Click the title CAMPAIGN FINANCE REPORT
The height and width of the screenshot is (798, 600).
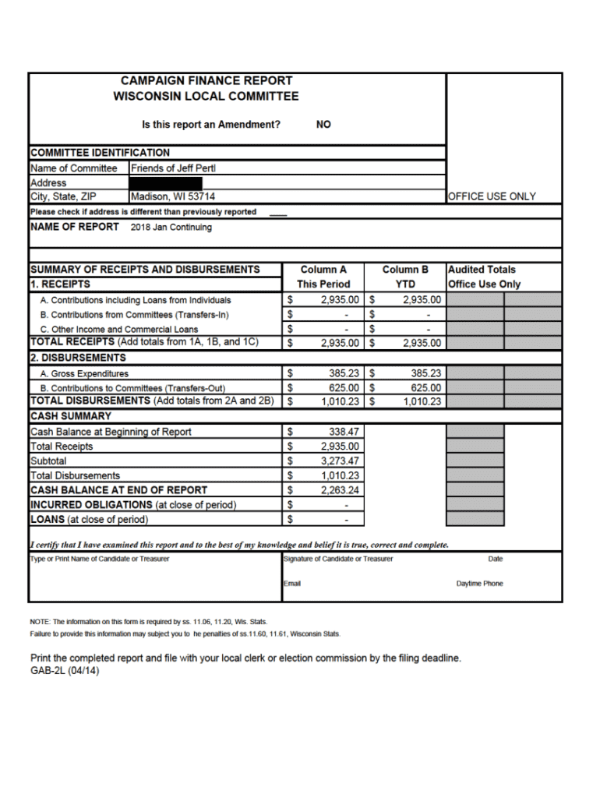206,80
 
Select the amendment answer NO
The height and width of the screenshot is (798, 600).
323,125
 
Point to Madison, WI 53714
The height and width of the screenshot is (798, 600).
173,197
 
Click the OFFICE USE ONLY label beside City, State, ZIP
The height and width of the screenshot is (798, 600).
492,197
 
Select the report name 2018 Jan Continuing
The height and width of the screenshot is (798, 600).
171,228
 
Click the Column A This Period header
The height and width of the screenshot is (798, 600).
323,277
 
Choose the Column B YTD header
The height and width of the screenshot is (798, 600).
405,277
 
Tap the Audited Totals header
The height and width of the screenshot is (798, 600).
482,270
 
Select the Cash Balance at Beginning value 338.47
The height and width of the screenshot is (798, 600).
344,432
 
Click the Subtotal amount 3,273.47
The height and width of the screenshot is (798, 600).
340,461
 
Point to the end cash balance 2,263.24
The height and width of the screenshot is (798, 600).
340,490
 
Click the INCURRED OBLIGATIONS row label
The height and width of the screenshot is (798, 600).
133,505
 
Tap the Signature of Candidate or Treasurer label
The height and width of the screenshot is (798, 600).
338,559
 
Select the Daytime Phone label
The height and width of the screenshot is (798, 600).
479,584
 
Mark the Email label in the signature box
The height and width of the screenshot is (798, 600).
292,584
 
